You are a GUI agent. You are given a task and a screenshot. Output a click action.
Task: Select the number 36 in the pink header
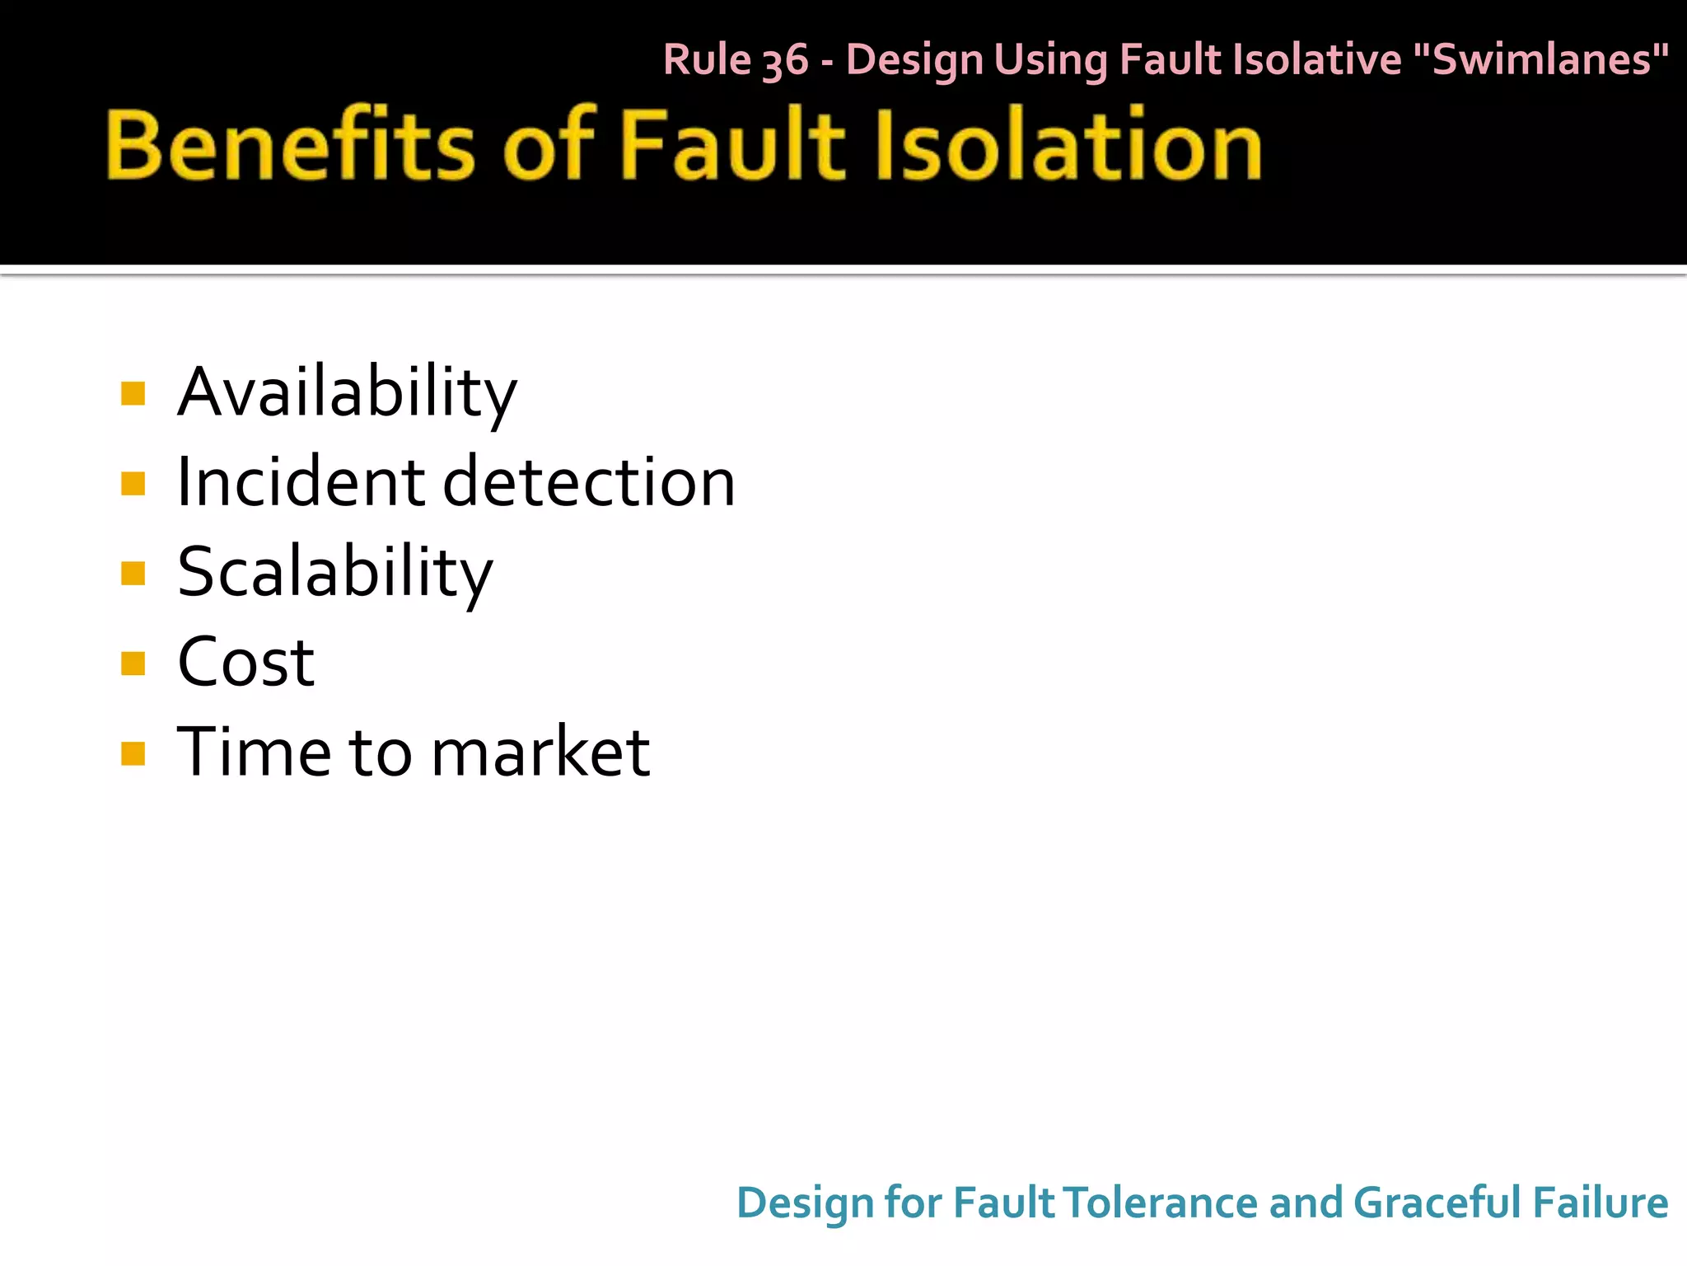pyautogui.click(x=785, y=61)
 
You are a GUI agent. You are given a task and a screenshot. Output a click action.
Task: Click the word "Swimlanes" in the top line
pyautogui.click(x=1540, y=59)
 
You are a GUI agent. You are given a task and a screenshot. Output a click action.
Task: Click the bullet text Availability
pyautogui.click(x=347, y=392)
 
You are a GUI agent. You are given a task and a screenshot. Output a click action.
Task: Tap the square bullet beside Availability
pyautogui.click(x=133, y=393)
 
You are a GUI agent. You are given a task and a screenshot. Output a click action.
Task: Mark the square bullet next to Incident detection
pyautogui.click(x=133, y=483)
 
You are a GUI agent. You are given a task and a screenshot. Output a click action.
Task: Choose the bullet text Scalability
pyautogui.click(x=334, y=573)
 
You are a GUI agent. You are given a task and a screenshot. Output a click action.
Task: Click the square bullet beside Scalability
pyautogui.click(x=133, y=573)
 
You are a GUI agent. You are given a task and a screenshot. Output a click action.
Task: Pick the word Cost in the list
pyautogui.click(x=245, y=662)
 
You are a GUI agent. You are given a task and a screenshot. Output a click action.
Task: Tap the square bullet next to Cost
pyautogui.click(x=133, y=663)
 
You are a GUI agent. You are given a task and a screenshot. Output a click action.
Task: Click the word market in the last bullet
pyautogui.click(x=540, y=752)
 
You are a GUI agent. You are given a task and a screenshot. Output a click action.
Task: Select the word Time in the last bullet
pyautogui.click(x=254, y=752)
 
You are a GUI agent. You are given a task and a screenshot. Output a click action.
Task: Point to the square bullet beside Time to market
pyautogui.click(x=133, y=753)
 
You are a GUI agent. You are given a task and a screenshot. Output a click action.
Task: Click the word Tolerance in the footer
pyautogui.click(x=1161, y=1203)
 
